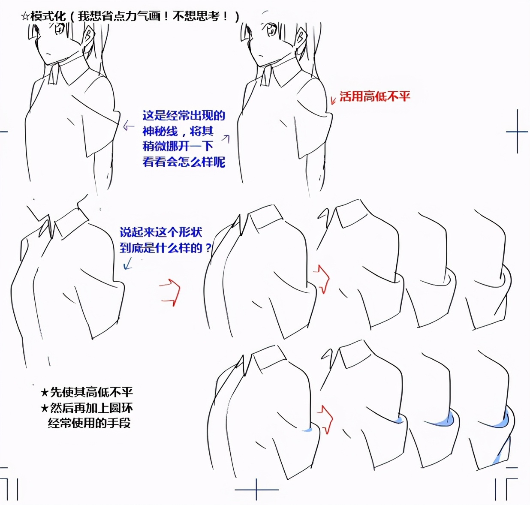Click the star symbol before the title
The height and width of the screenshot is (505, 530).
pos(25,17)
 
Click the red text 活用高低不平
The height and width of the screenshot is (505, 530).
pos(375,96)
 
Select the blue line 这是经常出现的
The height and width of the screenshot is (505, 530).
pos(184,116)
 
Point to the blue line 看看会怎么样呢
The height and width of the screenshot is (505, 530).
pos(184,162)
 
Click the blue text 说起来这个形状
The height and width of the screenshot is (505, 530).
pos(161,232)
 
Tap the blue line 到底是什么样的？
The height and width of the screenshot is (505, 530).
pos(165,248)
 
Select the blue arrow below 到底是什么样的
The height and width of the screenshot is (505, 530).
pos(128,263)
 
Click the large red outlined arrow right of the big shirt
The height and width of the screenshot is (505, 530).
pos(170,292)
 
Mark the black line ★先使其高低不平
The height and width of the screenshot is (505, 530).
pos(87,392)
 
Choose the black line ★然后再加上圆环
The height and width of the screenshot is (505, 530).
pos(87,408)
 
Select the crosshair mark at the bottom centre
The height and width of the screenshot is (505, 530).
pos(256,490)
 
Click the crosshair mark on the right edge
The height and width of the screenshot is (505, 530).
pos(517,132)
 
